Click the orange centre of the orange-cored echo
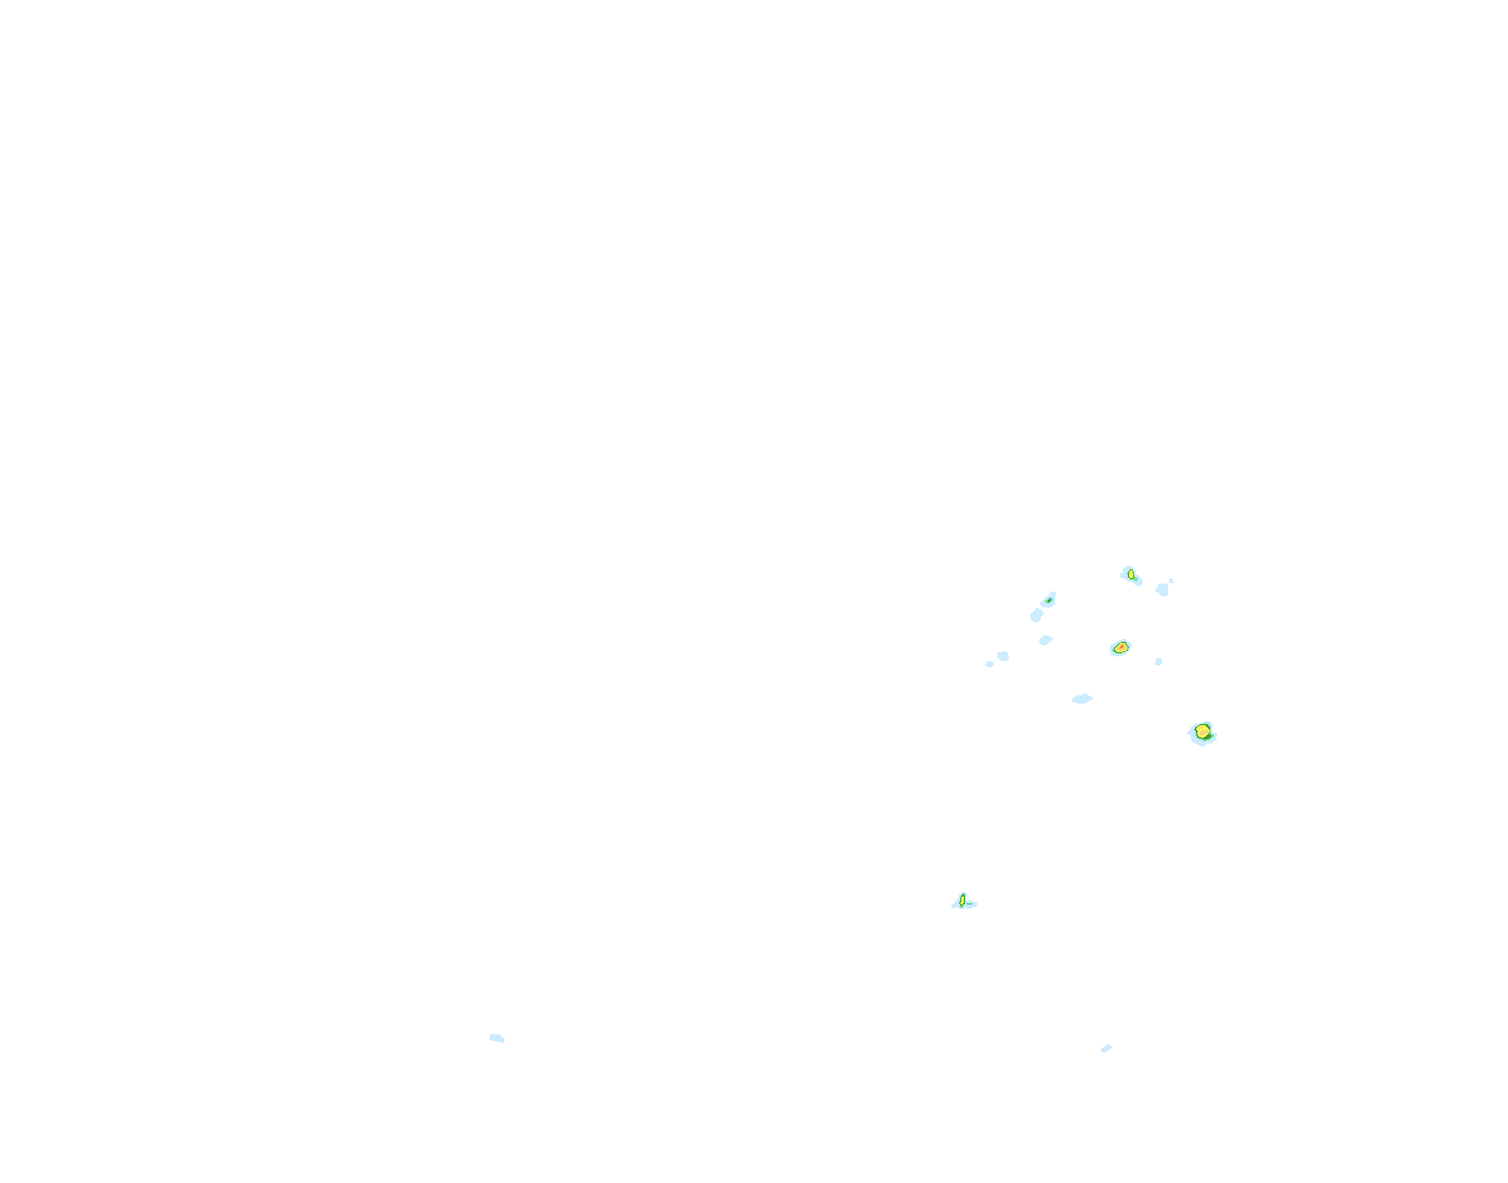pos(1121,647)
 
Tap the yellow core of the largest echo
pos(1201,731)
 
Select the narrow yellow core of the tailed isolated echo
pos(962,899)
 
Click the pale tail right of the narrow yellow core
pos(971,904)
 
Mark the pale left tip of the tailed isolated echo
pos(955,905)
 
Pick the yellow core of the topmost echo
pos(1131,574)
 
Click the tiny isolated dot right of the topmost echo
pos(1171,580)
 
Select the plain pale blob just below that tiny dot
pos(1162,590)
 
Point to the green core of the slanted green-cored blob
pos(1050,599)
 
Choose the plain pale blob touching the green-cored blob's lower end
pos(1036,616)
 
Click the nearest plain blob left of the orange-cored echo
pos(1045,640)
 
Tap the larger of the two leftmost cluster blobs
pos(1003,656)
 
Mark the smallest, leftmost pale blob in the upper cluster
pos(989,664)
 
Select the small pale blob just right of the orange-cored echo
pos(1158,662)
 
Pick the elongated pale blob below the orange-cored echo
pos(1082,699)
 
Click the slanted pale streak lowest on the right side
pos(1106,1048)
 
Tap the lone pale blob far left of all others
pos(496,1038)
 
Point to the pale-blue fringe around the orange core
pos(1113,650)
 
